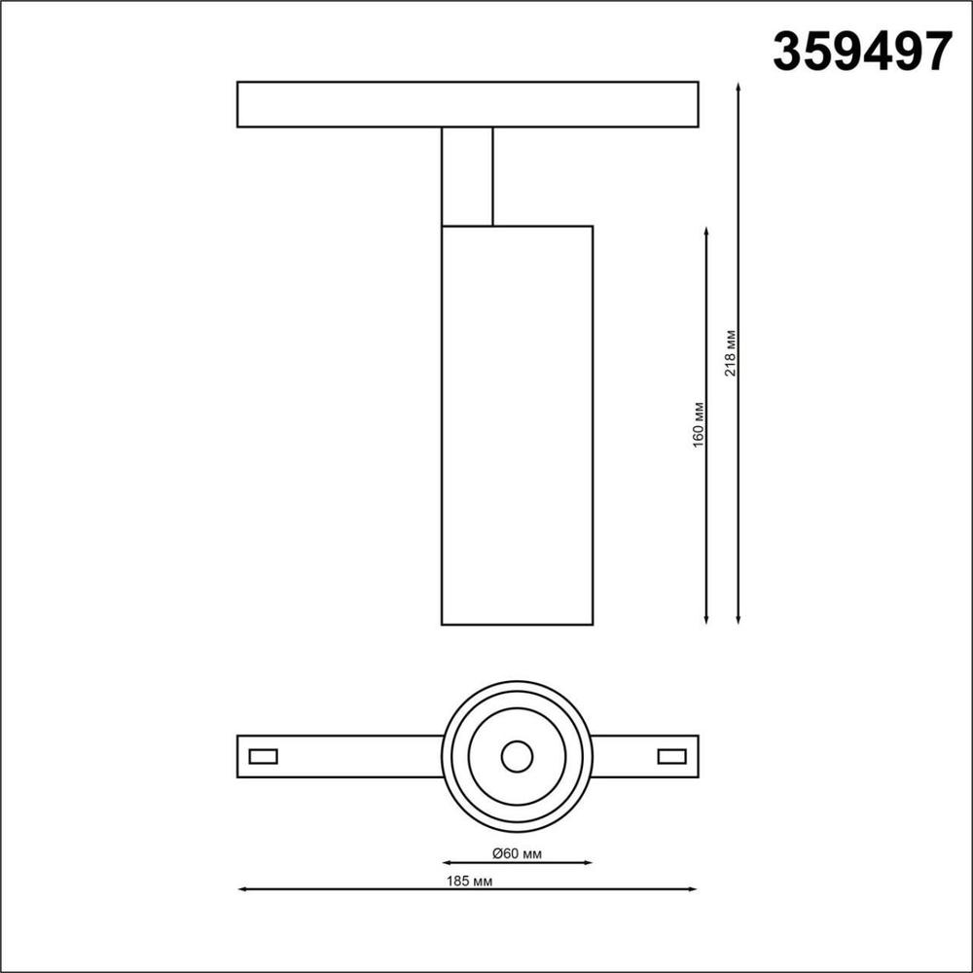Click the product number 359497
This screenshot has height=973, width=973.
[861, 51]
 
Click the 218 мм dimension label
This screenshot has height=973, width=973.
[731, 353]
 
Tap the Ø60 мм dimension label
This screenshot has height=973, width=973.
[517, 853]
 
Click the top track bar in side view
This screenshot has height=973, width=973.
[467, 104]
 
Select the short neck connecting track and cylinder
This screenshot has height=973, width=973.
[467, 175]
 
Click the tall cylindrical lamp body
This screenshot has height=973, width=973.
[517, 424]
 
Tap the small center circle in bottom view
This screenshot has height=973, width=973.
[517, 756]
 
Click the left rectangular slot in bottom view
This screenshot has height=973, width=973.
[263, 756]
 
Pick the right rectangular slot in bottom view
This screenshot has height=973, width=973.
[671, 756]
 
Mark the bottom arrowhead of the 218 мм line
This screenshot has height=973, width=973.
[739, 620]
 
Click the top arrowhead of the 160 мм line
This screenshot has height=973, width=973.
[705, 230]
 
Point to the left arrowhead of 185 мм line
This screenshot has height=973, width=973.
[241, 889]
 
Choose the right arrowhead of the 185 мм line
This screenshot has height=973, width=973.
[695, 889]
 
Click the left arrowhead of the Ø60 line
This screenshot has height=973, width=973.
[446, 862]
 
